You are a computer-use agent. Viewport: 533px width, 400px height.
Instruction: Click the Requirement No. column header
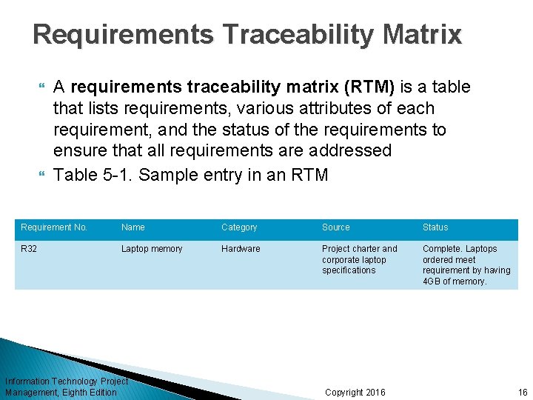tap(54, 227)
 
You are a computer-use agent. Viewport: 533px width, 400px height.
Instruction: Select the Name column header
tap(133, 227)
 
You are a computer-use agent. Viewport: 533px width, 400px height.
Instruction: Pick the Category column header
tap(239, 227)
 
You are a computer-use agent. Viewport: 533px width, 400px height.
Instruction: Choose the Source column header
tap(336, 227)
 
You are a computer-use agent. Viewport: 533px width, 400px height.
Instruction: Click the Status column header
tap(435, 227)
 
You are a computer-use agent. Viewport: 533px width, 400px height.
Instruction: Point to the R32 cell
tap(29, 249)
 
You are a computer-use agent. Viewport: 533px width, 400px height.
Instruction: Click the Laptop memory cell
tap(152, 249)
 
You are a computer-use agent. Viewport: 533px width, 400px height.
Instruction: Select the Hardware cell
tap(241, 249)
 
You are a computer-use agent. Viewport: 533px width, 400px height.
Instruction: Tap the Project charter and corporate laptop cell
tap(359, 259)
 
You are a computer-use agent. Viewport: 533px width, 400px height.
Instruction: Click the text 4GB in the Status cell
tap(432, 281)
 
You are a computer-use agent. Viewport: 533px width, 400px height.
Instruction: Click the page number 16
tap(523, 392)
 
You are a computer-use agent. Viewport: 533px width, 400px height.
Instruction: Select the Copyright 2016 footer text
tap(355, 392)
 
